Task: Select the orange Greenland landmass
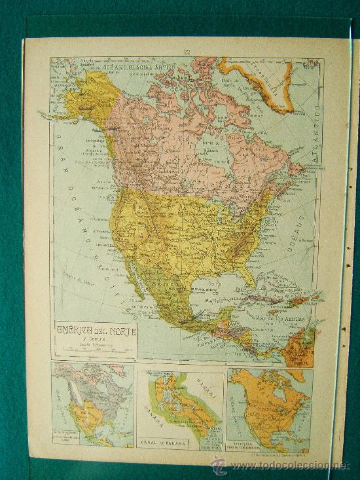[x=268, y=82]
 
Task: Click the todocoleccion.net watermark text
[x=288, y=466]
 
